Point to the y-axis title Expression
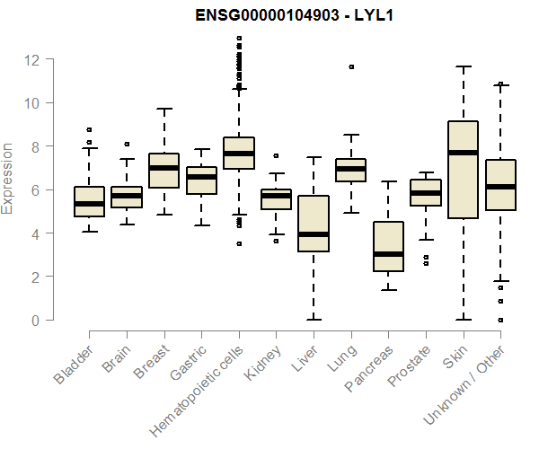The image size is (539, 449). pos(9,177)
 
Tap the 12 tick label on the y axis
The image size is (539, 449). pos(32,60)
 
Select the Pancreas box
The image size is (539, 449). pos(389,246)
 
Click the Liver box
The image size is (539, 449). pos(314,224)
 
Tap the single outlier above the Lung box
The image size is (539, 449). pos(351,67)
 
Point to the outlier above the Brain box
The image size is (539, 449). pos(127,144)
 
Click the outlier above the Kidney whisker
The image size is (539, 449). pos(276,156)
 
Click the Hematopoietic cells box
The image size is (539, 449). pos(239,154)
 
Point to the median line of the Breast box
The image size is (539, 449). pos(164,168)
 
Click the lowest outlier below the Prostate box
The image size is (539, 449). pos(426,264)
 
